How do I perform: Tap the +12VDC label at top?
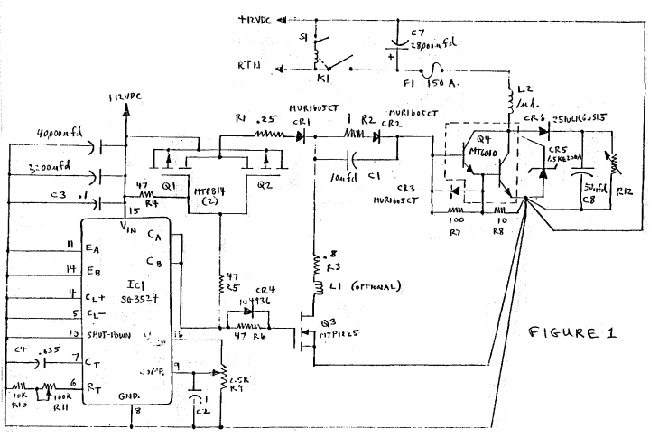point(259,19)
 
